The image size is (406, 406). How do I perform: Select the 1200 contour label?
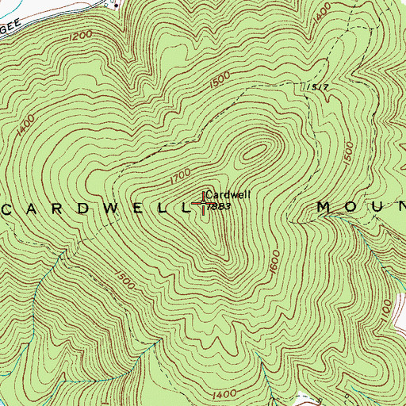[81, 36]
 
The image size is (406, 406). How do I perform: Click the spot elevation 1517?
[317, 87]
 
